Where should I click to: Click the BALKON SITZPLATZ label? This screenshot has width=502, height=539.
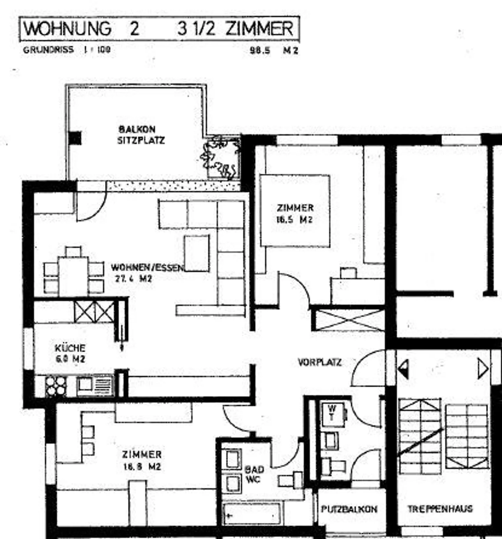coord(141,135)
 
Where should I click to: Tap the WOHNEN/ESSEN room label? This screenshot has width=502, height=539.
coord(147,268)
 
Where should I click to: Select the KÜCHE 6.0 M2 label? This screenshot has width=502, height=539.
coord(70,353)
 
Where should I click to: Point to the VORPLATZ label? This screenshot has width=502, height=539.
coord(320,362)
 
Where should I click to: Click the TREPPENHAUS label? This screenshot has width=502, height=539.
coord(440,509)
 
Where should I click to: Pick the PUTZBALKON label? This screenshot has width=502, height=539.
coord(349,509)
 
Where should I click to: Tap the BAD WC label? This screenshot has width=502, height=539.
coord(254,474)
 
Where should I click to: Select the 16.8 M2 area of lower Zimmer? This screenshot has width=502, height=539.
coord(142,467)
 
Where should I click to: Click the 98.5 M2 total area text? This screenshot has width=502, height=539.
coord(274,50)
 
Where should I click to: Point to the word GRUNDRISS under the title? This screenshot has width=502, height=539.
coord(48,50)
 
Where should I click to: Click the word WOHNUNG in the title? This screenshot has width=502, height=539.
coord(67,29)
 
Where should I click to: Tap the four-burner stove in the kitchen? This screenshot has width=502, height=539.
coord(56,386)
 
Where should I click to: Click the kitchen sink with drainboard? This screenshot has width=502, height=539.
coord(95,385)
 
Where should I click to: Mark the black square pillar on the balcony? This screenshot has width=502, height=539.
coord(75,138)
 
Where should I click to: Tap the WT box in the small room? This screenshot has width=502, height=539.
coord(332,414)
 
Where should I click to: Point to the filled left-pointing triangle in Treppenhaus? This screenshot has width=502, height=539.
coord(404,369)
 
